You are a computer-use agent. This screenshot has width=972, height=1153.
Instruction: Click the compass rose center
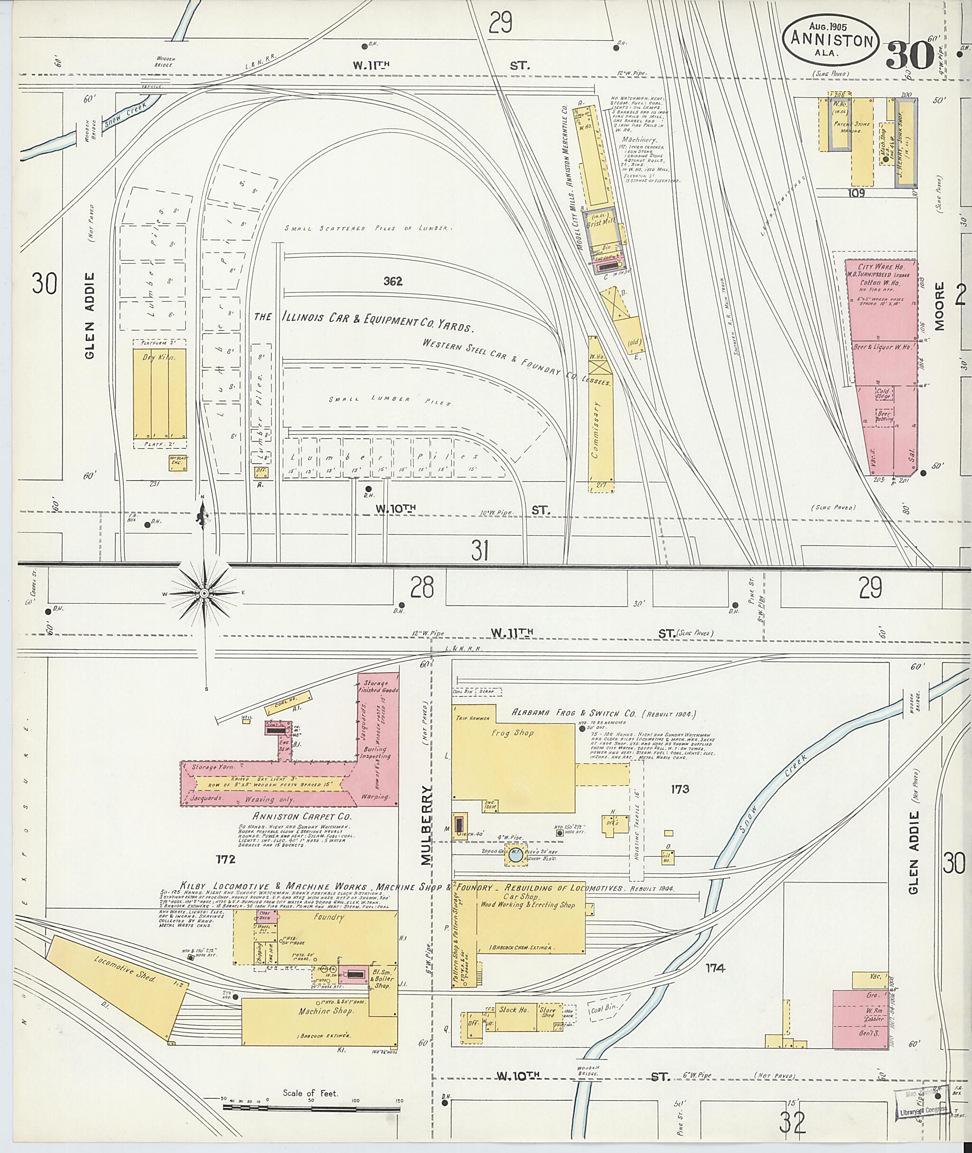click(203, 593)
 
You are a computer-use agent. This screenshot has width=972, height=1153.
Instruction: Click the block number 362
click(393, 281)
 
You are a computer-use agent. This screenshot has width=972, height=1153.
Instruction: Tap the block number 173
click(680, 789)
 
